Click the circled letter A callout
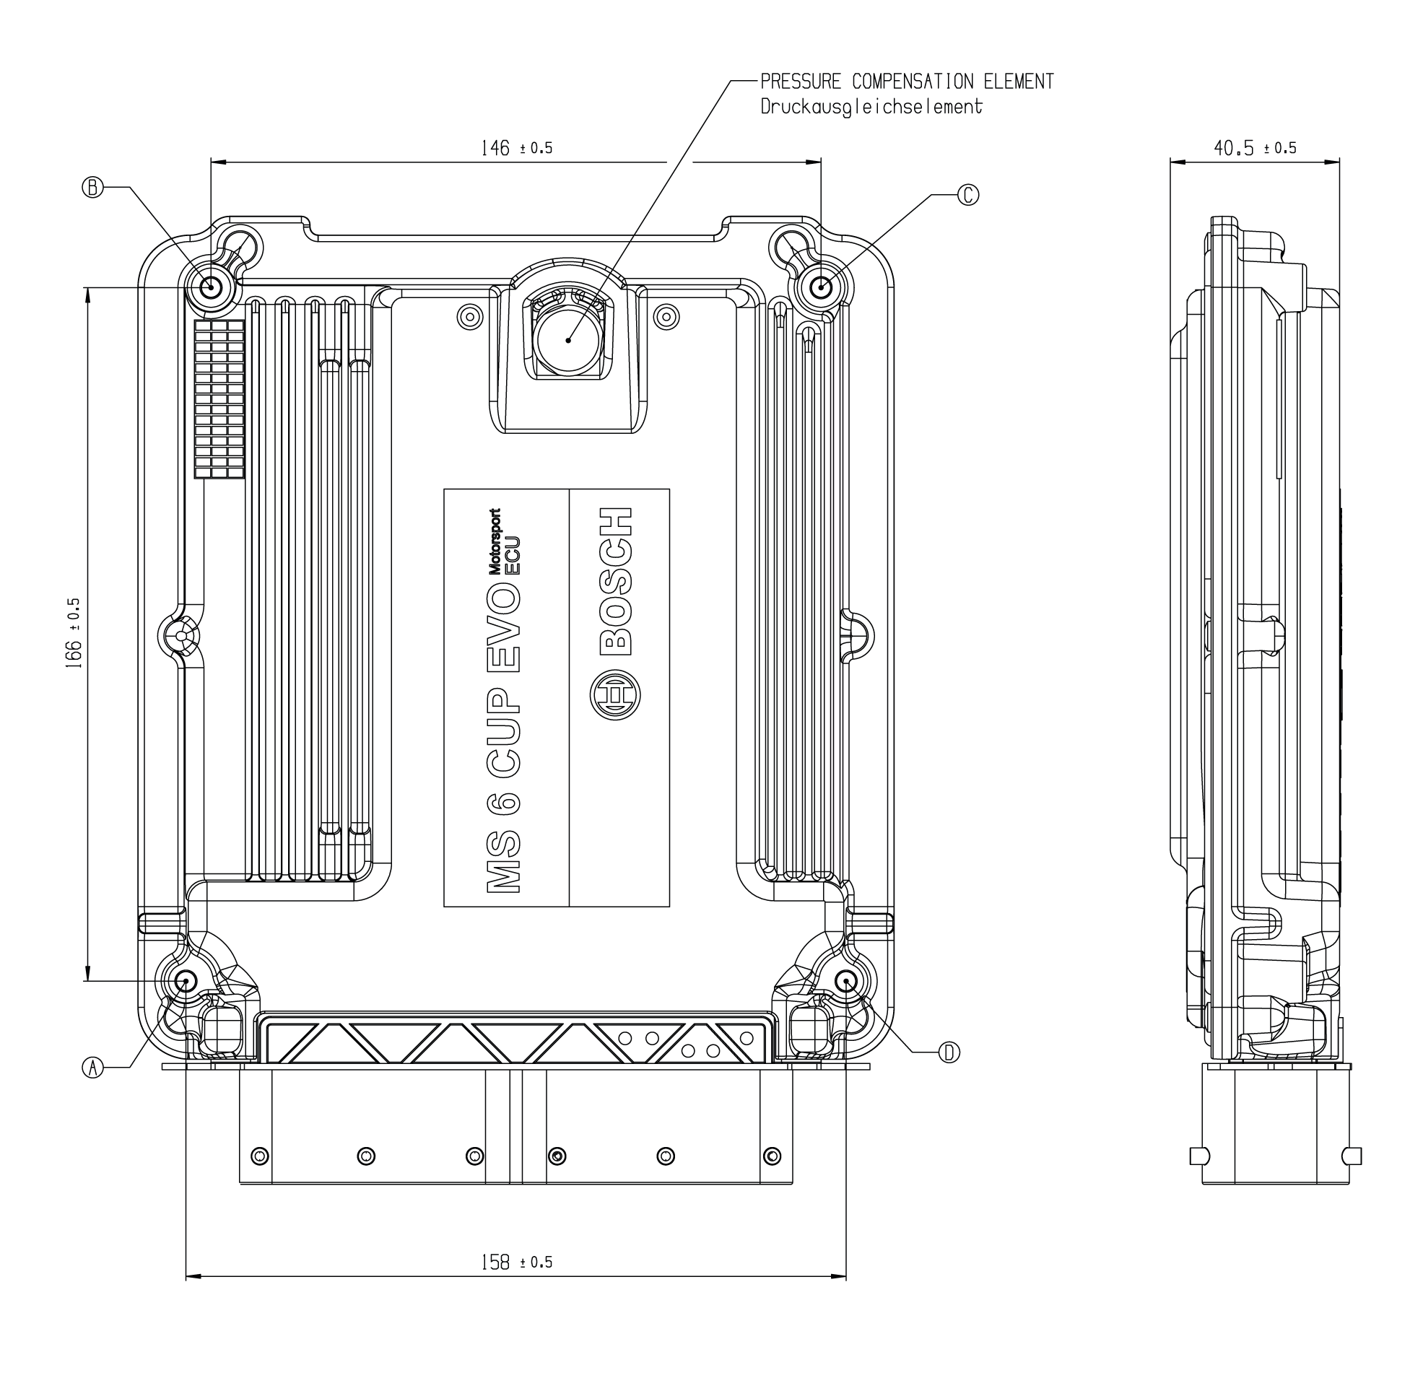point(92,1068)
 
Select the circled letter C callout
point(968,195)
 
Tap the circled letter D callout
point(949,1052)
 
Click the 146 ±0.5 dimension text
point(516,148)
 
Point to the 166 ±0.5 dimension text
point(74,633)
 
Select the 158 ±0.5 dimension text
point(516,1263)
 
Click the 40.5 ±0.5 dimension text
point(1255,148)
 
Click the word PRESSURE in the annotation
point(801,82)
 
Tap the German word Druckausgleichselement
point(871,107)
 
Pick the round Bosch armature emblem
point(615,695)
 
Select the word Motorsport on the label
point(495,541)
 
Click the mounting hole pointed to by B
point(212,287)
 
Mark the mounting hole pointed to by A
point(186,982)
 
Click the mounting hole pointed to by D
point(846,982)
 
